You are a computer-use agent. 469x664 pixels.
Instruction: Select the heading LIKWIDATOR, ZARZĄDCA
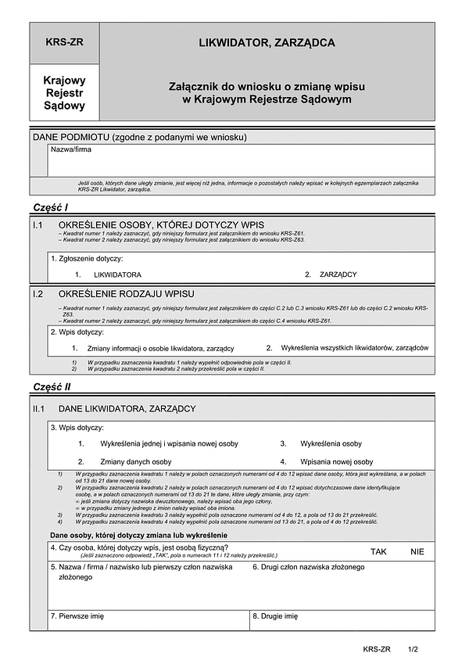[x=267, y=43]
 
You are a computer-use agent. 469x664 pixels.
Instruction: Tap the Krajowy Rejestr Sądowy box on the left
[x=65, y=92]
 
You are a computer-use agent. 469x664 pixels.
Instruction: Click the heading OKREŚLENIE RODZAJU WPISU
[x=126, y=294]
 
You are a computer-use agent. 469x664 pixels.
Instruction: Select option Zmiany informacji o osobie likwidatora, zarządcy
[x=160, y=348]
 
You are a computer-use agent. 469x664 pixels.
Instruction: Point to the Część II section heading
[x=52, y=387]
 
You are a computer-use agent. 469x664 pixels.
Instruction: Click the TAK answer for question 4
[x=379, y=551]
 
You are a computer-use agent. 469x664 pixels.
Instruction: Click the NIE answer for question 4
[x=417, y=551]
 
